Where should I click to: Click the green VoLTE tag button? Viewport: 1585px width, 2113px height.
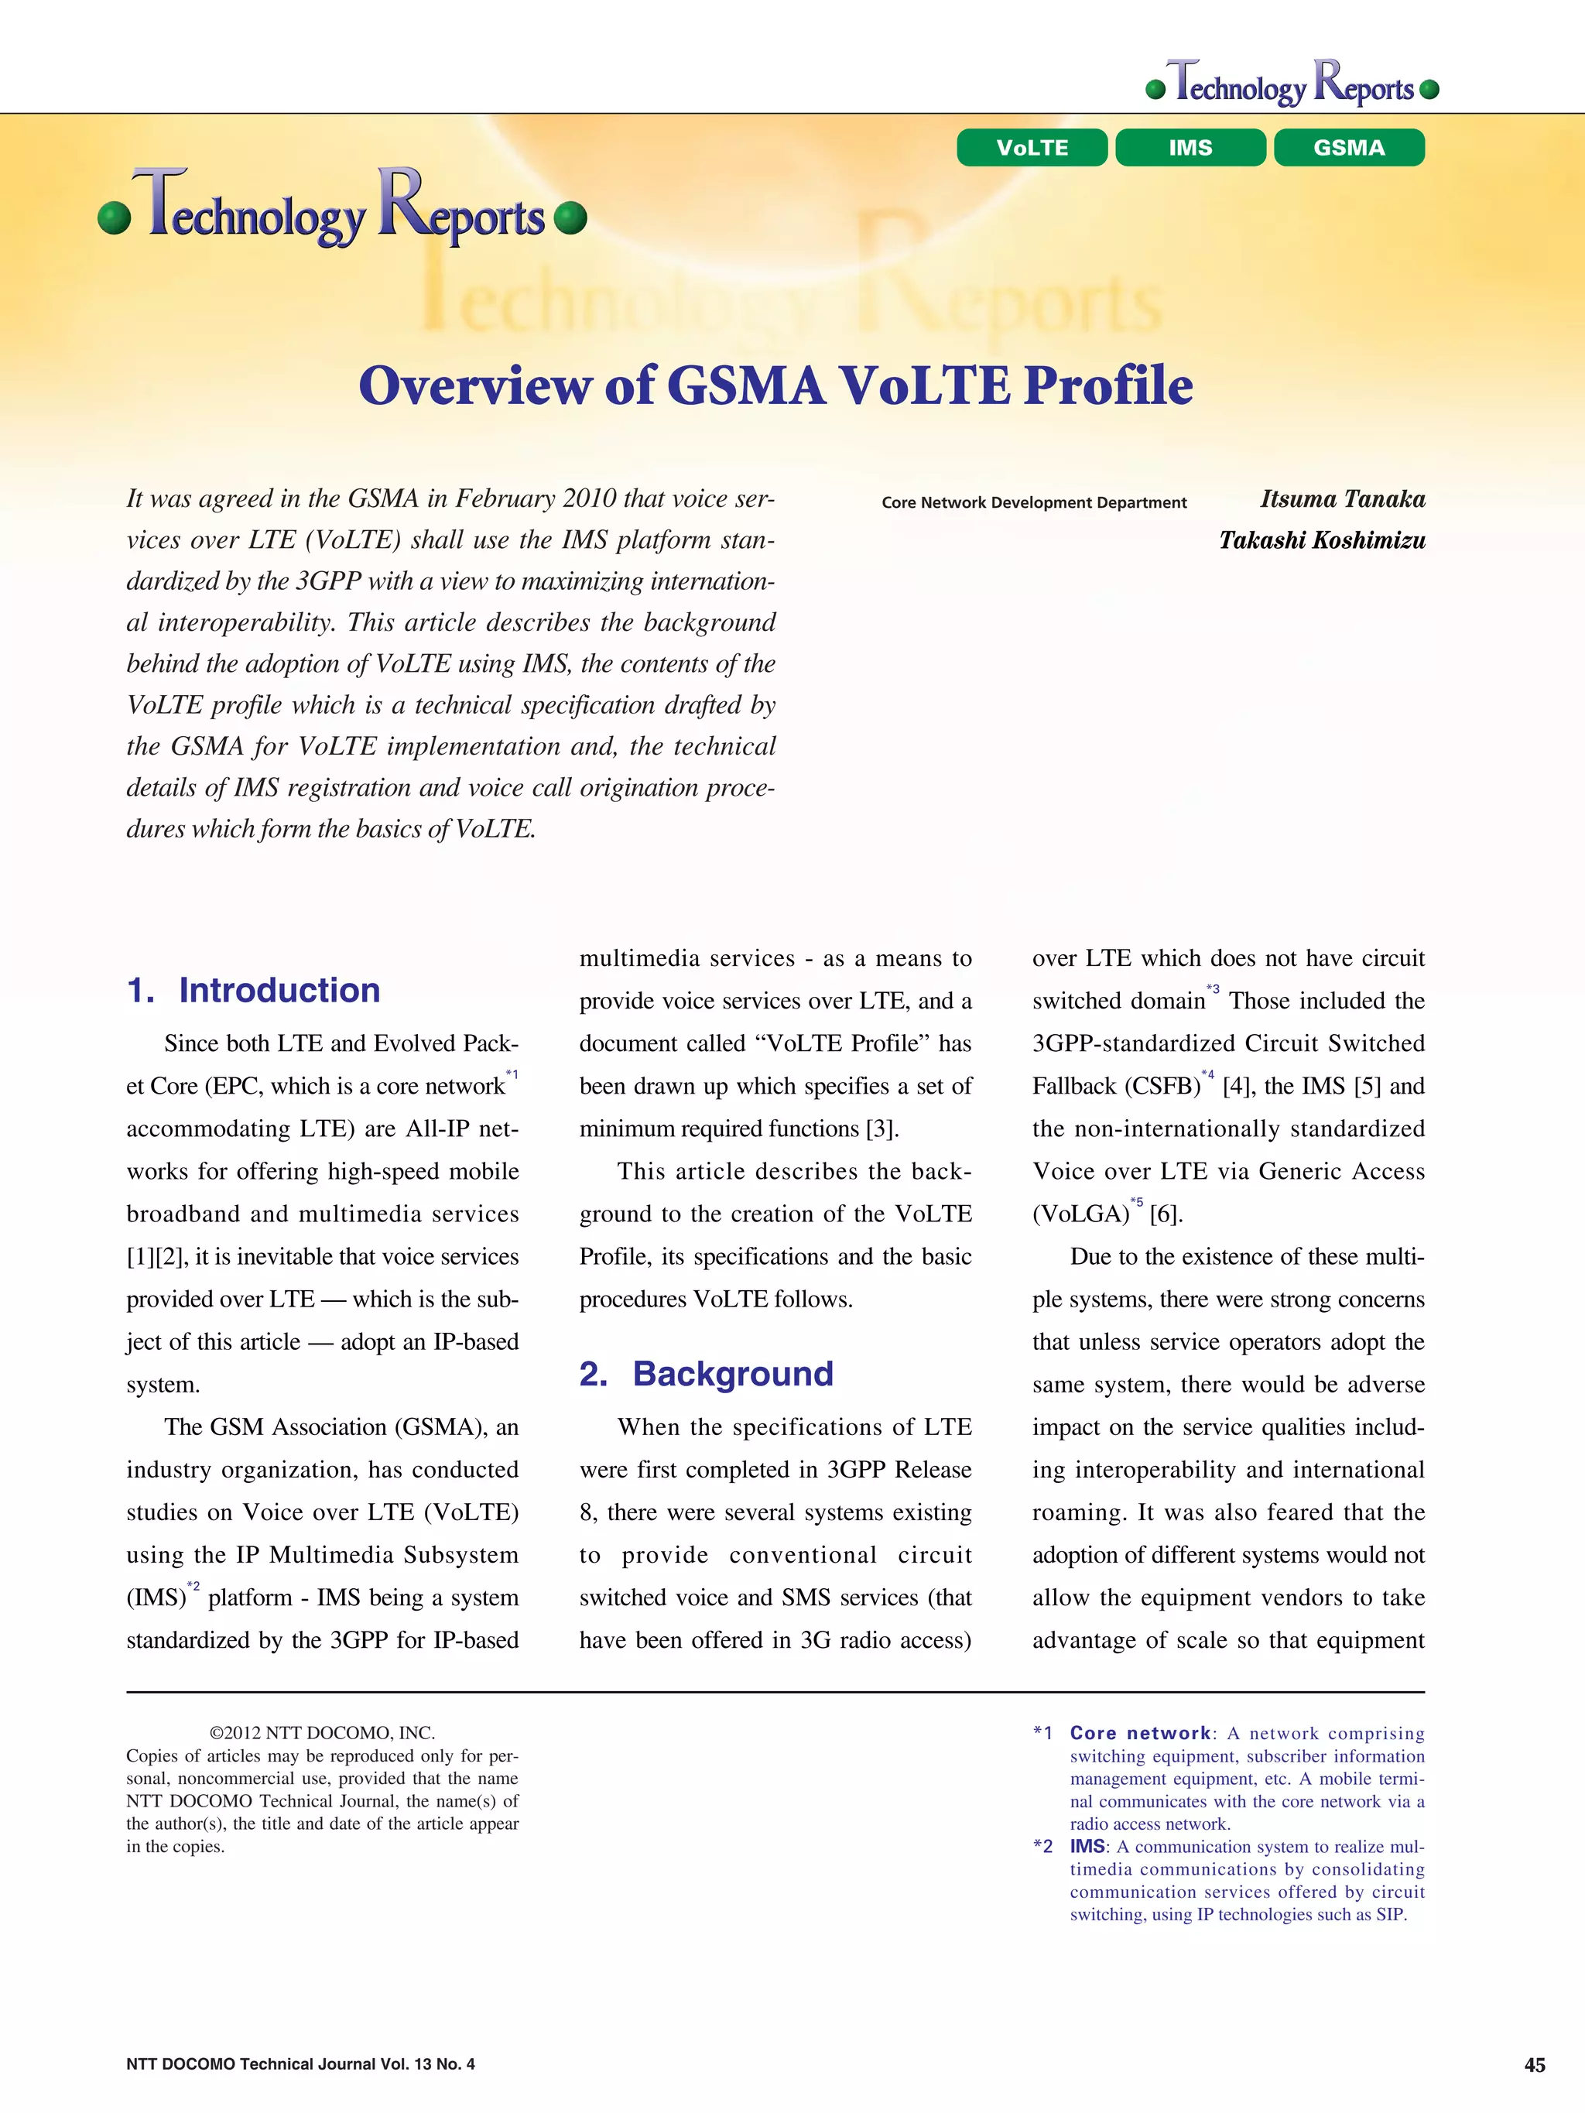pyautogui.click(x=1032, y=148)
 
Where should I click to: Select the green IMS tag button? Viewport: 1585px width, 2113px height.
pyautogui.click(x=1190, y=148)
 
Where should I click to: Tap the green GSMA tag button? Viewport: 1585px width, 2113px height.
pyautogui.click(x=1348, y=148)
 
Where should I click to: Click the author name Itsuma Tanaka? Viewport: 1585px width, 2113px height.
pyautogui.click(x=1342, y=498)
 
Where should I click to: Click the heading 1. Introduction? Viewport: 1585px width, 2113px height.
pyautogui.click(x=253, y=990)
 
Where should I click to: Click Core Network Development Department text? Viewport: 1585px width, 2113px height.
pyautogui.click(x=1034, y=502)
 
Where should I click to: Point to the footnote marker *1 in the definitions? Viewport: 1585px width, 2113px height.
pyautogui.click(x=1042, y=1733)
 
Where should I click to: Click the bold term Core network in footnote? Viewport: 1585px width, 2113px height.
pyautogui.click(x=1140, y=1733)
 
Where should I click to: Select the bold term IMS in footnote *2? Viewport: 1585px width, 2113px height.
pyautogui.click(x=1087, y=1847)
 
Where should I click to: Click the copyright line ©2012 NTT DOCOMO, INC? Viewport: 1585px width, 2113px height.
pyautogui.click(x=322, y=1733)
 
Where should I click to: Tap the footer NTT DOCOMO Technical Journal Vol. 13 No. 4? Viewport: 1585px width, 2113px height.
pyautogui.click(x=300, y=2063)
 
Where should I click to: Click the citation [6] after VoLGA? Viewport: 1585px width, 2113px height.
pyautogui.click(x=1166, y=1214)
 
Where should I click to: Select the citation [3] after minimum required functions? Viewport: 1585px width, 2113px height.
pyautogui.click(x=881, y=1129)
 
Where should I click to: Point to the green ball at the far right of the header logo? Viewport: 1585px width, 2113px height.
pyautogui.click(x=1429, y=90)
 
